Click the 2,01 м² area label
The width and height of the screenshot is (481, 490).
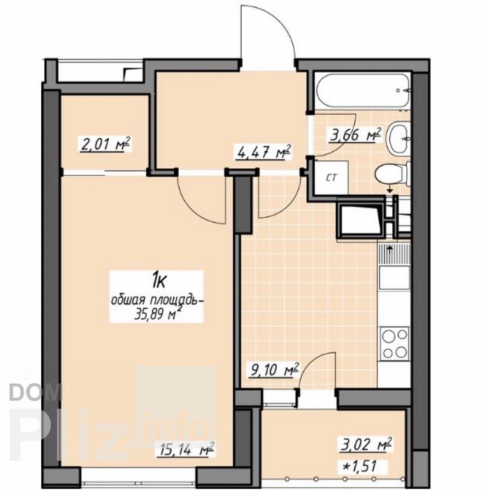(x=105, y=145)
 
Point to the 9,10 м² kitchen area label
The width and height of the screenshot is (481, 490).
(x=273, y=370)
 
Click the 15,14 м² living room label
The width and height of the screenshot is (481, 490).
(x=186, y=450)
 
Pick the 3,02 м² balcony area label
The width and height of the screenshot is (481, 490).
(x=365, y=445)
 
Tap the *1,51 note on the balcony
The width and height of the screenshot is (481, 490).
(x=359, y=466)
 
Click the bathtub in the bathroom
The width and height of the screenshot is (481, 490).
(x=363, y=90)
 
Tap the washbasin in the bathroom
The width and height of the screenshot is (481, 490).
(x=399, y=137)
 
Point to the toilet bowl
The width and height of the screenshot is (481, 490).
(x=393, y=174)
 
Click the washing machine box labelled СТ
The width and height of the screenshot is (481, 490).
(x=331, y=177)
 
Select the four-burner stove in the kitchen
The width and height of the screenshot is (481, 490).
(x=394, y=344)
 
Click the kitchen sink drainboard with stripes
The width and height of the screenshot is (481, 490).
(x=394, y=255)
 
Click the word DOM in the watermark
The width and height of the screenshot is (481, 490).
(x=34, y=393)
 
